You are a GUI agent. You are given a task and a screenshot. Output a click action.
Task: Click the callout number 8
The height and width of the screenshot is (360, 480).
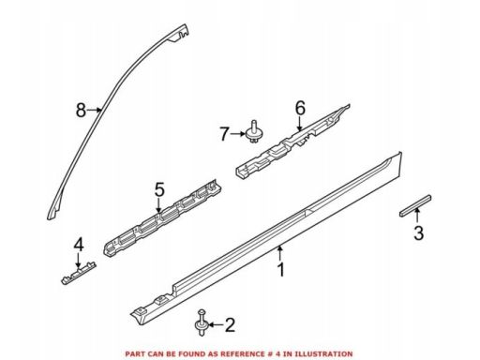(x=81, y=110)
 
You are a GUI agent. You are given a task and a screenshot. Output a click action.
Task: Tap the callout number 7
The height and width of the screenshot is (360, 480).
(x=224, y=134)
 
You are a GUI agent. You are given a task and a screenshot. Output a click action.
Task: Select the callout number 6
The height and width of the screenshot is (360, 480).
(x=300, y=109)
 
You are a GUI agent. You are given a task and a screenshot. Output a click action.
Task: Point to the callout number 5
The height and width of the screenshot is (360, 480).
(x=159, y=189)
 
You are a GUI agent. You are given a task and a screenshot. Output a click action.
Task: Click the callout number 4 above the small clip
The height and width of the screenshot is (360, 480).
(x=79, y=245)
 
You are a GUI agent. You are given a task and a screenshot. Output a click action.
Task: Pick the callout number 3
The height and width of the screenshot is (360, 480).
(x=419, y=233)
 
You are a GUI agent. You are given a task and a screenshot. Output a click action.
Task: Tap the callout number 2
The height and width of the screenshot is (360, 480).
(x=230, y=325)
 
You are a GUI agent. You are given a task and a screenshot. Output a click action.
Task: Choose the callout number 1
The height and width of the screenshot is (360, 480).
(x=281, y=270)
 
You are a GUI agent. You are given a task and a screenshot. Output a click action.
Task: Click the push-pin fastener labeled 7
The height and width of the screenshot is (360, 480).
(x=254, y=133)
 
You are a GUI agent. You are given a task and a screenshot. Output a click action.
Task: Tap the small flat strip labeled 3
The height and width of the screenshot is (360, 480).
(x=415, y=205)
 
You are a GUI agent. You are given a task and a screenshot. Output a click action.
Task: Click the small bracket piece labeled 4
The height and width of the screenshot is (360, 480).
(x=78, y=273)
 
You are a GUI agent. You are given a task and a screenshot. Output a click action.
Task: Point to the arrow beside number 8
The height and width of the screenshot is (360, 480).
(x=94, y=110)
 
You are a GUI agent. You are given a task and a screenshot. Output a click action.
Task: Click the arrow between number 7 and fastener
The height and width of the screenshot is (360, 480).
(x=238, y=134)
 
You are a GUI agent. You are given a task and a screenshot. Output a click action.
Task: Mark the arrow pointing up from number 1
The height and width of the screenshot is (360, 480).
(x=280, y=253)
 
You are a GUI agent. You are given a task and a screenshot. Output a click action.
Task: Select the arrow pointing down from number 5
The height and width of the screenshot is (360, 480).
(x=159, y=206)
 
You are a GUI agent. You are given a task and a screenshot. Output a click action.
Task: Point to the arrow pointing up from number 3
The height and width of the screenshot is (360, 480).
(x=417, y=217)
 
